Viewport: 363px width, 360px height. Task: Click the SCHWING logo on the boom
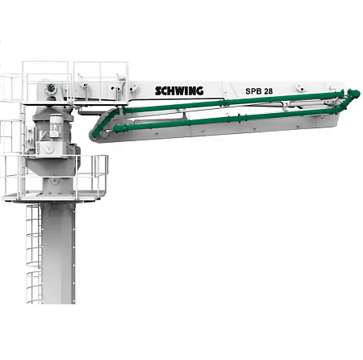[179, 90]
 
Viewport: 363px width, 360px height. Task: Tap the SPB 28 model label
[259, 91]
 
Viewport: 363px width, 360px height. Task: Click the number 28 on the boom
[268, 91]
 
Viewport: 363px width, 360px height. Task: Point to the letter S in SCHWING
[158, 91]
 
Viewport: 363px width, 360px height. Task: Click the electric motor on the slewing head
[56, 126]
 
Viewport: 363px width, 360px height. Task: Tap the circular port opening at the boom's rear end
[51, 87]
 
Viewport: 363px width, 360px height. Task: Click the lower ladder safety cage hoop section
[34, 287]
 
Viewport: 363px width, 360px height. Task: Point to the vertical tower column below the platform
[58, 253]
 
